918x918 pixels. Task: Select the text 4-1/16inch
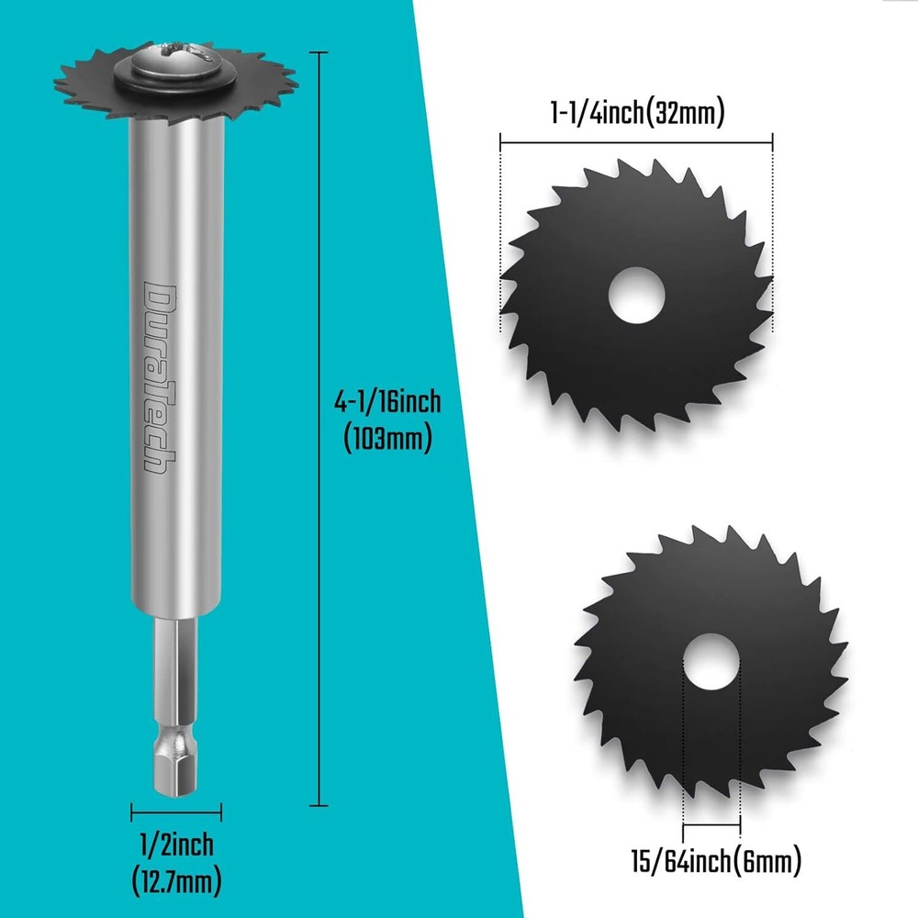[x=387, y=402]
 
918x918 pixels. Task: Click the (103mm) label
[x=387, y=439]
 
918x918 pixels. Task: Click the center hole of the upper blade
[x=637, y=296]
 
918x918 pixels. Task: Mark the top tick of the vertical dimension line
[x=319, y=53]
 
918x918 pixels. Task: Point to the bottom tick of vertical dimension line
[x=319, y=805]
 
